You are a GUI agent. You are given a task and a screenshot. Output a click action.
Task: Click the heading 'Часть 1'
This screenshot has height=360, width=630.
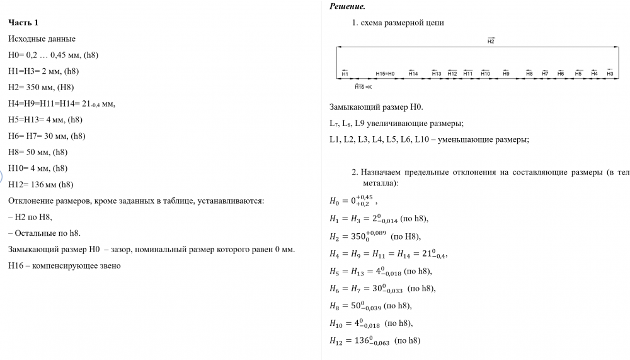tap(23, 23)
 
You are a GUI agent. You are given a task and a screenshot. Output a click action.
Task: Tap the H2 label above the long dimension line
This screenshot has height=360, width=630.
tap(491, 41)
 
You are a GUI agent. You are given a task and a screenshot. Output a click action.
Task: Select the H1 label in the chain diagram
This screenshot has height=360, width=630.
tap(345, 74)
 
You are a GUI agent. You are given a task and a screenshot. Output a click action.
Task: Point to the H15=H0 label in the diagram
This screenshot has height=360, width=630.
tap(385, 74)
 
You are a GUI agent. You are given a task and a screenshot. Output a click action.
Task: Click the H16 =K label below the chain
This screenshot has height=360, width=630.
tap(364, 86)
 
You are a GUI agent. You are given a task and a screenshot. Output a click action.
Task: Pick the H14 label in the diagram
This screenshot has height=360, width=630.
tap(413, 74)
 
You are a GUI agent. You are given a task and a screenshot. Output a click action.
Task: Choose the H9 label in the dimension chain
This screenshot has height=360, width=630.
tap(506, 74)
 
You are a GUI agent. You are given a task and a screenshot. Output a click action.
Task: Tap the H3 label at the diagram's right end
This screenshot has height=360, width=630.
tap(610, 74)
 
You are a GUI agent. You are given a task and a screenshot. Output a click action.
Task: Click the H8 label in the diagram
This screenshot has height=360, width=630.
tap(529, 74)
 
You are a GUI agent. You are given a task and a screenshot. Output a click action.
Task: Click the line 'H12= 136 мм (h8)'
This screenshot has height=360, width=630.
tap(41, 185)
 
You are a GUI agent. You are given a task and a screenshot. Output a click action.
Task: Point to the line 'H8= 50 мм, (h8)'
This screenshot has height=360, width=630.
tap(38, 152)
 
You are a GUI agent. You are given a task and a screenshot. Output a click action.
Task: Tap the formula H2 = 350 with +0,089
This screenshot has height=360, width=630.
tap(374, 236)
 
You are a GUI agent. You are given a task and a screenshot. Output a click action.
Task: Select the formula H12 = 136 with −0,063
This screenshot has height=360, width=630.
tap(374, 341)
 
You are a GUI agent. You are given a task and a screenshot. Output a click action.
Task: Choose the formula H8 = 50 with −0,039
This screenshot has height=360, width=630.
tap(370, 306)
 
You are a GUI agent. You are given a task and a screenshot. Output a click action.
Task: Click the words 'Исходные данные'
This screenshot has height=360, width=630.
tap(42, 38)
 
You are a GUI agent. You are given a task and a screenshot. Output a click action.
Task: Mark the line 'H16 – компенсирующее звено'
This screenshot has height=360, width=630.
tap(64, 265)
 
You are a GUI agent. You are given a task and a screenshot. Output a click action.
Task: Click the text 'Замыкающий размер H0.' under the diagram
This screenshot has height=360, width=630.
tap(372, 107)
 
